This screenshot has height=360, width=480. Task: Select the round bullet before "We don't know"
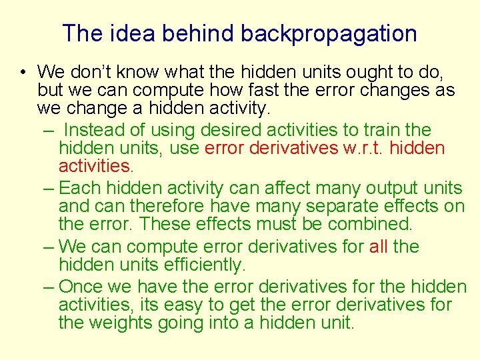coord(23,72)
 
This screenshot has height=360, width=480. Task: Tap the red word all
coord(378,247)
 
